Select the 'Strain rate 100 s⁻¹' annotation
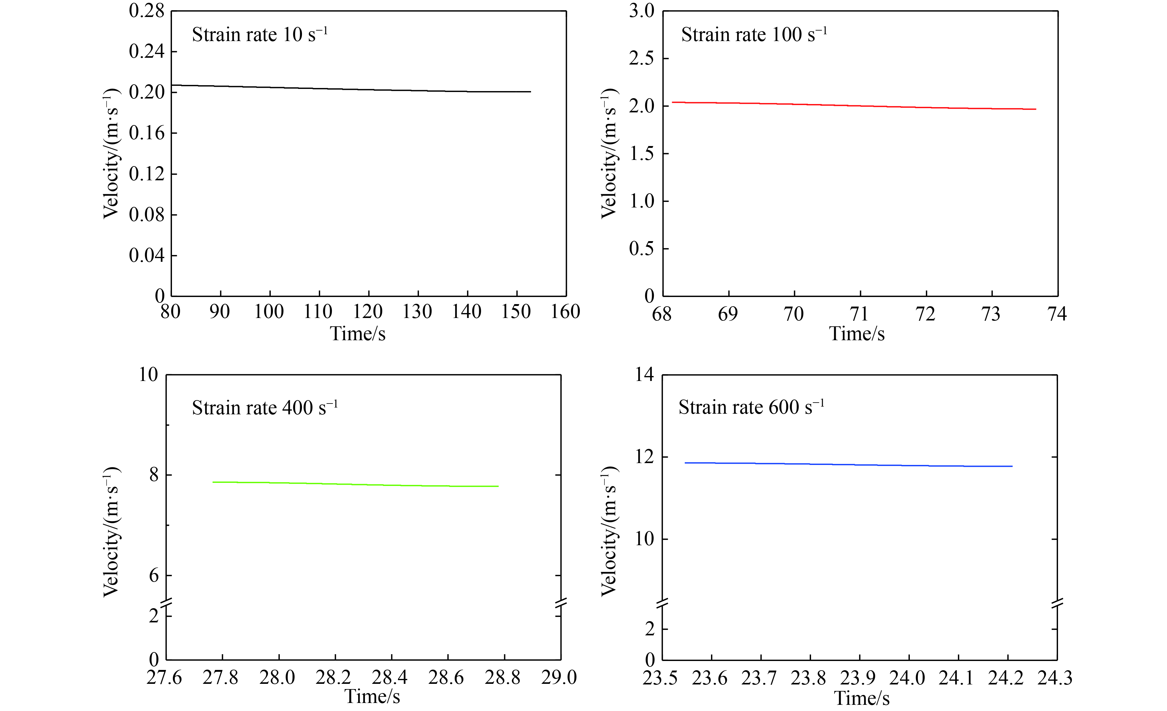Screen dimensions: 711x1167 click(x=754, y=35)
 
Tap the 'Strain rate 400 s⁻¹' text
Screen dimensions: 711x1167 click(x=264, y=408)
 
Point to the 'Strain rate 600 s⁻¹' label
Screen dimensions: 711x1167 click(x=751, y=407)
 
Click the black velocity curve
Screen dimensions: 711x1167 click(x=350, y=89)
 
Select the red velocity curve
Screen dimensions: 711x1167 click(x=852, y=105)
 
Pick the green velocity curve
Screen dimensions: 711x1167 click(x=355, y=484)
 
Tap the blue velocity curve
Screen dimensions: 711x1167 click(x=848, y=464)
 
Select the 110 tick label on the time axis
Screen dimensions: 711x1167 click(x=318, y=312)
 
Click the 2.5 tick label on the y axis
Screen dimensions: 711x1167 click(x=641, y=58)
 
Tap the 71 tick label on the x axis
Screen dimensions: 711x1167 click(x=859, y=314)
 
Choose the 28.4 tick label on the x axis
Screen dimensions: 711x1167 click(x=390, y=677)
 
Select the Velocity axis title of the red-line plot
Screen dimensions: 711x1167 click(x=609, y=153)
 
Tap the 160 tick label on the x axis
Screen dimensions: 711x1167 click(x=566, y=312)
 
